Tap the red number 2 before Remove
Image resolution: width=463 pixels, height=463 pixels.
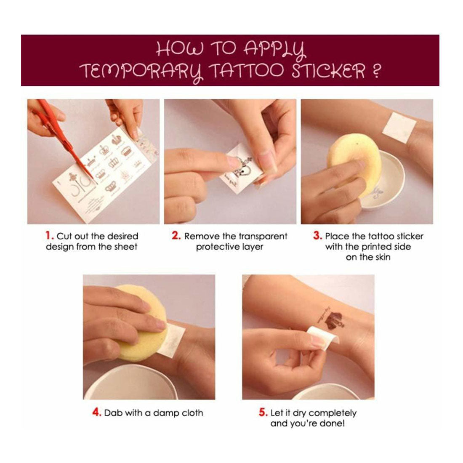coord(176,236)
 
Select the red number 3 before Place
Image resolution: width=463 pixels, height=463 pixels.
coord(317,236)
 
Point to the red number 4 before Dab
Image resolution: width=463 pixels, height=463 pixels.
coord(97,412)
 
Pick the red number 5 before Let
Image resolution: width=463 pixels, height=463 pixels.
coord(263,412)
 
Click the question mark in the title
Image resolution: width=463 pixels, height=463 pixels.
coord(375,71)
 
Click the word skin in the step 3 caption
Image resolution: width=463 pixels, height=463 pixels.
coord(382,257)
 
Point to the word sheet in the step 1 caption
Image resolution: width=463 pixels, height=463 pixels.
coord(125,247)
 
